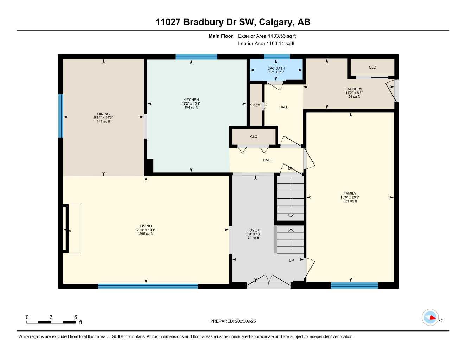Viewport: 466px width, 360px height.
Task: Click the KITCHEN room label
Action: coord(191,100)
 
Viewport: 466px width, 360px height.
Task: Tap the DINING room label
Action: coord(103,114)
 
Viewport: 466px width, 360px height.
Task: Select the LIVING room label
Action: coord(146,226)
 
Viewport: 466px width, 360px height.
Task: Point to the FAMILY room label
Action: coord(350,193)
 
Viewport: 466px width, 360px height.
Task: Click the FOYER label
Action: coord(253,231)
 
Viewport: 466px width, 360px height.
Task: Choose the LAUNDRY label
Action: coord(354,89)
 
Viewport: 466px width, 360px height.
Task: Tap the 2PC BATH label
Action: coord(276,68)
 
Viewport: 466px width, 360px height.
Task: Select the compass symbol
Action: coord(430,318)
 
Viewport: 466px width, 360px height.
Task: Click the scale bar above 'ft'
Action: coord(51,322)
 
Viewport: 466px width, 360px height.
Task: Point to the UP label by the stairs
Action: coord(291,261)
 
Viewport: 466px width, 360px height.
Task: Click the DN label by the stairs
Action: coord(291,169)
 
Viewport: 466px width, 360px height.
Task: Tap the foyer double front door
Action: coord(268,281)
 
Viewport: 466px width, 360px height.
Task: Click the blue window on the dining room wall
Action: coord(61,116)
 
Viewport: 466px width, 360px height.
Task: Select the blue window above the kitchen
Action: coord(196,57)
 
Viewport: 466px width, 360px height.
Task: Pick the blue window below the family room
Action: coord(354,285)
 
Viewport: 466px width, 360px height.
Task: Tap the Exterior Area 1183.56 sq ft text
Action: coord(267,36)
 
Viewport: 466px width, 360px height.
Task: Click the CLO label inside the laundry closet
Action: coord(372,67)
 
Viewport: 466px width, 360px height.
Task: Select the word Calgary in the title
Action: coord(275,22)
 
